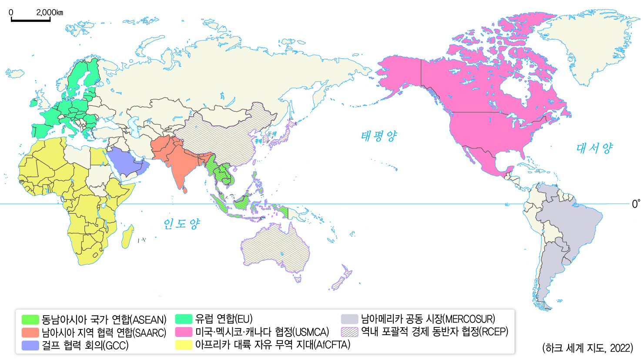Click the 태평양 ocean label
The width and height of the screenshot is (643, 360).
[379, 136]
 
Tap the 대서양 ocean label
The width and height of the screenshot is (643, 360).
[594, 148]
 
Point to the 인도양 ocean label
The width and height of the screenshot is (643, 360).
[181, 224]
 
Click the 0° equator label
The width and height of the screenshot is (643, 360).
[636, 204]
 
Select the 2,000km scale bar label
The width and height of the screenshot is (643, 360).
[50, 12]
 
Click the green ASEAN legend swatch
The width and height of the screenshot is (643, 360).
[30, 320]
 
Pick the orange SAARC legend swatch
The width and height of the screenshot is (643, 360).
[30, 333]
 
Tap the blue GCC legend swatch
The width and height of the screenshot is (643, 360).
[30, 345]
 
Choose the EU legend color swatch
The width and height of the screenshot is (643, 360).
[184, 319]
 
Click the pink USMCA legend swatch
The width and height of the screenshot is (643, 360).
[184, 332]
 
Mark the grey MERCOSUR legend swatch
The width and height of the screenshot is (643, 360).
[349, 319]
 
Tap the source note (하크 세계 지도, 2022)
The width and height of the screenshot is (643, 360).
[587, 348]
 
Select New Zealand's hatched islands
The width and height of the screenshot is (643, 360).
[342, 279]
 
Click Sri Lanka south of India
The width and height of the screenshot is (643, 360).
[185, 190]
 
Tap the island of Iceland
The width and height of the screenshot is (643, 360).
[15, 74]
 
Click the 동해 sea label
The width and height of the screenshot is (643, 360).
[272, 134]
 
